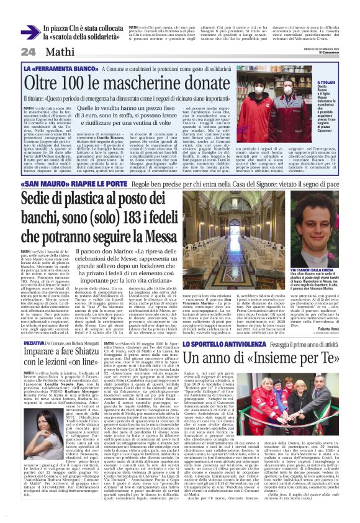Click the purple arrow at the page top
coord(30,32)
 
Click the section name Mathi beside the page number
coord(56,52)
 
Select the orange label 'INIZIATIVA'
coord(34,325)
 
